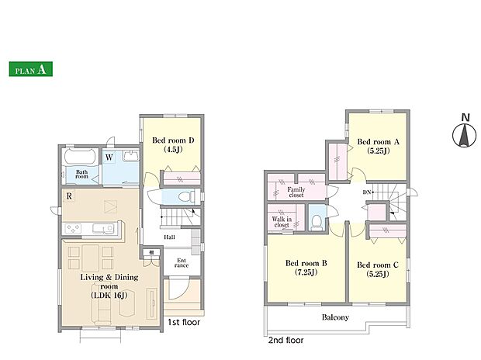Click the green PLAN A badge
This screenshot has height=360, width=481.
tap(31, 69)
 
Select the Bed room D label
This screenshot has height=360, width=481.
tap(173, 145)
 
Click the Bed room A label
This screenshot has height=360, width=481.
tap(379, 146)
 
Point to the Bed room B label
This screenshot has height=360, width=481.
tap(306, 268)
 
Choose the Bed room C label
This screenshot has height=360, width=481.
tap(378, 269)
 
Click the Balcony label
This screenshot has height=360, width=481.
tap(335, 317)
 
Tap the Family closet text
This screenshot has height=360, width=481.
tap(296, 192)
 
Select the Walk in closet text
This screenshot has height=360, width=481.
tap(282, 222)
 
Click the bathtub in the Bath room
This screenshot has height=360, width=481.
tap(80, 157)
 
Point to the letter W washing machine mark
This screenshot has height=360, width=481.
tap(109, 157)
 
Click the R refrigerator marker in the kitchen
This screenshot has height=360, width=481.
tap(69, 196)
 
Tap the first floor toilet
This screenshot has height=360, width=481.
tap(186, 196)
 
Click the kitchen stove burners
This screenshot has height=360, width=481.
tap(74, 229)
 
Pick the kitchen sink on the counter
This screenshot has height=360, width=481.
tap(103, 229)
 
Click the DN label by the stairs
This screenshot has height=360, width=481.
tap(367, 192)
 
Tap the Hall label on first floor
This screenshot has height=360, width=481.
tap(169, 237)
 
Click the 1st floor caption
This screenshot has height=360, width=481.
tap(184, 322)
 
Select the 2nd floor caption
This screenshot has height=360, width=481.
tap(286, 340)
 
